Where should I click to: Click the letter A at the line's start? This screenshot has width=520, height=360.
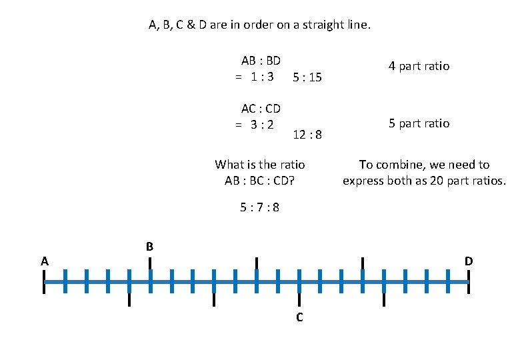pos(44,261)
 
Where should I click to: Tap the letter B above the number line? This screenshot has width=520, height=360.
pos(150,247)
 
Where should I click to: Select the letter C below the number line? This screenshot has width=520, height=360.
pos(299,317)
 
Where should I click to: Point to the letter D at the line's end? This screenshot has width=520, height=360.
pos(469,261)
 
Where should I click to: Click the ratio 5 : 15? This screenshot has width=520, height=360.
pos(307,77)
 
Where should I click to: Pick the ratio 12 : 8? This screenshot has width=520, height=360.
pos(307,135)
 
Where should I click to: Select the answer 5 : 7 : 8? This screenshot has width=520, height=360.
pos(260,207)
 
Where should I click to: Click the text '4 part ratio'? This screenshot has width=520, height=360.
pos(419,66)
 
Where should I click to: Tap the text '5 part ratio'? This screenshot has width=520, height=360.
pos(419,123)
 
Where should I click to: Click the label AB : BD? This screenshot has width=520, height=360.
pos(261,61)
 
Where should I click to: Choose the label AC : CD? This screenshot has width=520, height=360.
pos(261,109)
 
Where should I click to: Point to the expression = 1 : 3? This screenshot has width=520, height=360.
pos(255,76)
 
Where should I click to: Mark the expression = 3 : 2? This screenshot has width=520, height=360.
pos(255,124)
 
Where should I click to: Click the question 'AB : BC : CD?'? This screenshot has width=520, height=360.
pos(260,181)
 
